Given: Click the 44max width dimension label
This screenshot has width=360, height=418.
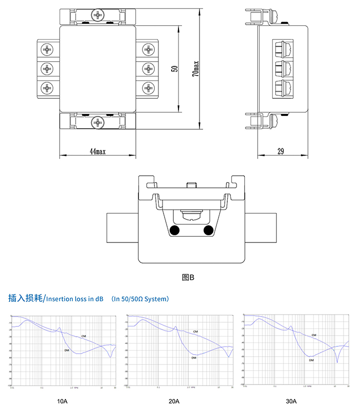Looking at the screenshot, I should [x=97, y=152].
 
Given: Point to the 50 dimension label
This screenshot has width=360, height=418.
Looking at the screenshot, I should [x=174, y=68].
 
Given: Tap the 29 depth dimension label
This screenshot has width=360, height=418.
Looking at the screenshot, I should [x=281, y=152].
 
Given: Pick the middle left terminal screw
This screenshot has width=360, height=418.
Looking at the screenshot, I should [x=48, y=69].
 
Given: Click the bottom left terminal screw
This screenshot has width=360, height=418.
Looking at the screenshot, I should [x=48, y=89].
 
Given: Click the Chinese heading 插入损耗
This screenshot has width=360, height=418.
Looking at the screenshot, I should [x=25, y=298].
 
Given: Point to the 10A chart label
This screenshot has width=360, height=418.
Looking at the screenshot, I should [x=62, y=400].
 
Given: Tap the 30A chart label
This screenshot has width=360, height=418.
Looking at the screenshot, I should [x=291, y=400].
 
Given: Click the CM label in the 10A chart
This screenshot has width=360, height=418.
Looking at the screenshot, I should [x=84, y=336].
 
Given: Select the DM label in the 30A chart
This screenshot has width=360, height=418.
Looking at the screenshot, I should [x=311, y=360].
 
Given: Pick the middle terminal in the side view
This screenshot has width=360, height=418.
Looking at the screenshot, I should [x=281, y=68].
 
